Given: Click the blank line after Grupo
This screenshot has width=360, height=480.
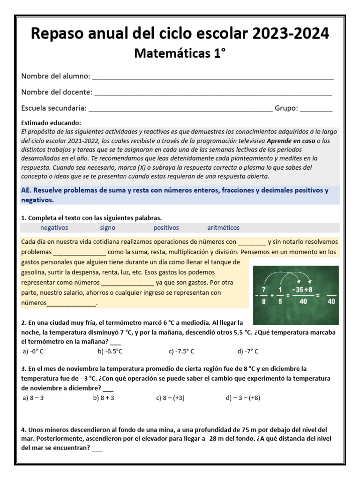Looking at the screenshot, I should pos(316,108).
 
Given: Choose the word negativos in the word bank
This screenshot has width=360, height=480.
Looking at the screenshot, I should pos(54,228).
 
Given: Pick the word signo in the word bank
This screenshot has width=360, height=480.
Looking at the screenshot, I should pos(107,228).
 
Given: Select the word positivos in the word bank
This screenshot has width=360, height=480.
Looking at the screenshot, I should pos(166,228).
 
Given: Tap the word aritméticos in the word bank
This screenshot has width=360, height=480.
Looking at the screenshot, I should pos(223,228).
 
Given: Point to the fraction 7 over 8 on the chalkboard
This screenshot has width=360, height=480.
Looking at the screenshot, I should pos(264,295).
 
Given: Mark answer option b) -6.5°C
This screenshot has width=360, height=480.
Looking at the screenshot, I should pos(110,351).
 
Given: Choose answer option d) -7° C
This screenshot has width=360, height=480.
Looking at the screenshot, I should pos(248,351).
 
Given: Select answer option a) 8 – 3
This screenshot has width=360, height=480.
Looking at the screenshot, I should pos(33,398).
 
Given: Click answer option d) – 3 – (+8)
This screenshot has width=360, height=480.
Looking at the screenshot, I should pos(243,398).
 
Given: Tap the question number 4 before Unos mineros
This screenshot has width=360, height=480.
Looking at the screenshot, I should pos(23,429).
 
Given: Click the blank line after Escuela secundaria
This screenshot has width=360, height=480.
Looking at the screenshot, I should pos(180,108).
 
